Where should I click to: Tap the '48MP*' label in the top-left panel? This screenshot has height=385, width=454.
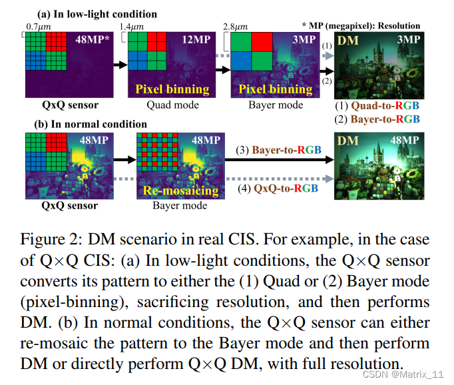point(93,40)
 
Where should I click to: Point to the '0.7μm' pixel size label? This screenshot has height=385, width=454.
point(39,26)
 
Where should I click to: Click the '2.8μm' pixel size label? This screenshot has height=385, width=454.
point(244,26)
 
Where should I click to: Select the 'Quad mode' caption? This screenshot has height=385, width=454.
point(172,105)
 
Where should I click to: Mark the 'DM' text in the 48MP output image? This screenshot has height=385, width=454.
point(348,141)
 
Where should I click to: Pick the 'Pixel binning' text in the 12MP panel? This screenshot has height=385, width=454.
point(172,89)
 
